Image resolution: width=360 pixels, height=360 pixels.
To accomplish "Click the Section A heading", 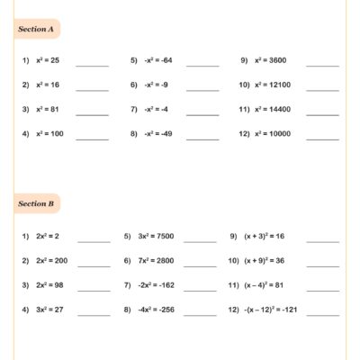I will click(36, 29).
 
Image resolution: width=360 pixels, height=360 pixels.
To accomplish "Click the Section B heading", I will click(36, 204).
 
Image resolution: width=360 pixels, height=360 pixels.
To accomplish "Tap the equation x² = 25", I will click(48, 61).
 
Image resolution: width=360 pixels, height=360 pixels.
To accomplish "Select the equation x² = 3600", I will click(273, 61).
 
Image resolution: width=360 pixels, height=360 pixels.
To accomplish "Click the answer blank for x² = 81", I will click(93, 113).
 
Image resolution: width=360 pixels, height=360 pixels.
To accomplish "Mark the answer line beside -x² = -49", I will click(202, 138).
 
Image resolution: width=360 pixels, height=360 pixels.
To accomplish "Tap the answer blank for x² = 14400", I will click(323, 113).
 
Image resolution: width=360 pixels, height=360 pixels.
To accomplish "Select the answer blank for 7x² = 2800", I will click(200, 264).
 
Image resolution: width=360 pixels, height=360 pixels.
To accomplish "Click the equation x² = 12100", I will click(274, 85).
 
